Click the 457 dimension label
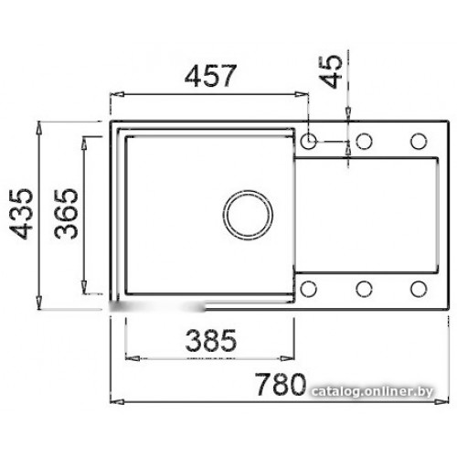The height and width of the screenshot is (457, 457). pos(210,76)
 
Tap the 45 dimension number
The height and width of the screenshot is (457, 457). pos(331,71)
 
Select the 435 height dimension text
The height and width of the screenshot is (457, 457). pos(21,214)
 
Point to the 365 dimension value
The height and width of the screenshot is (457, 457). pos(66,214)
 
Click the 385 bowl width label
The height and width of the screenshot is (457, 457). pos(210,340)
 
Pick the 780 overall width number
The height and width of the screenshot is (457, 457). pos(281,384)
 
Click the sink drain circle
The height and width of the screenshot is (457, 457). pos(248,215)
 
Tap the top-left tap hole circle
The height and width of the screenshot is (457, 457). pos(309,141)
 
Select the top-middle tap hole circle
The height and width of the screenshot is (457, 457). pos(364,141)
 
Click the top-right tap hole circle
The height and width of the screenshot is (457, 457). pos(419,141)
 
